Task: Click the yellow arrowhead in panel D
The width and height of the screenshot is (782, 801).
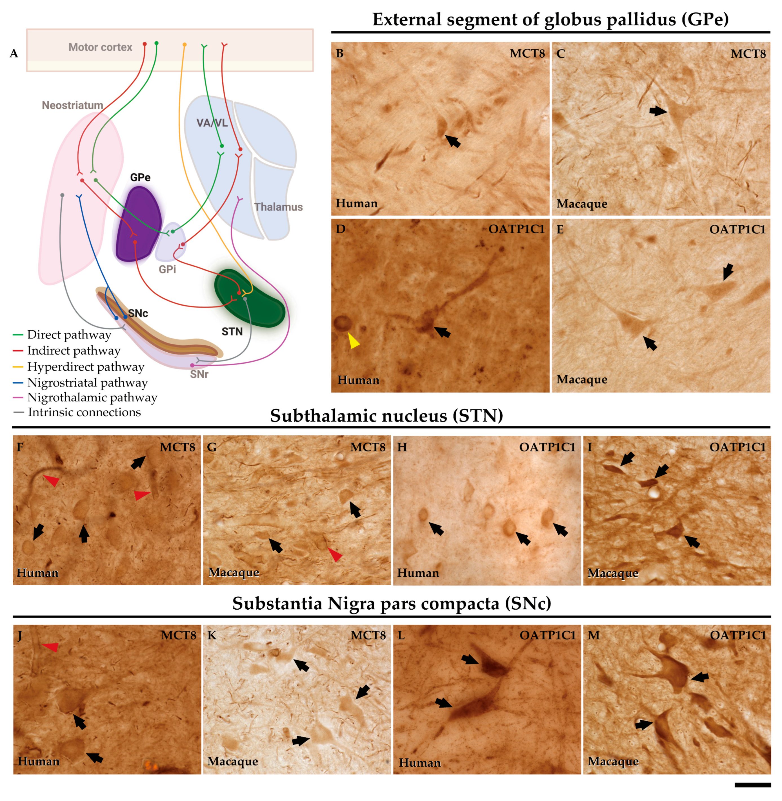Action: tap(353, 341)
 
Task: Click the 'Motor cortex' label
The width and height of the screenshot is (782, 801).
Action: tap(100, 47)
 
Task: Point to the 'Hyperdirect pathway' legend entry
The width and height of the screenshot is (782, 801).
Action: tap(85, 367)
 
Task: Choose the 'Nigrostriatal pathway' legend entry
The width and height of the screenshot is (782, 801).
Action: tap(87, 383)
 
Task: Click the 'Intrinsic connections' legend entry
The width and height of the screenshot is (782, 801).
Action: tap(84, 412)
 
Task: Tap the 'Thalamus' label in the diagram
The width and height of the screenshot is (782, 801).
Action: tap(278, 207)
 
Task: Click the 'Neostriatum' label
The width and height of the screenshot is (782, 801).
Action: tap(73, 106)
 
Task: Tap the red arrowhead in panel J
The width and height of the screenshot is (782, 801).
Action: tap(51, 647)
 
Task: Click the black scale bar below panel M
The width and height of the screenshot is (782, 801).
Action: tap(752, 785)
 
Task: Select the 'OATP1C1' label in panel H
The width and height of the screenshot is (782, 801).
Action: tap(547, 447)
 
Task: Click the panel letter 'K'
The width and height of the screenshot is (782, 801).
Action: tap(212, 636)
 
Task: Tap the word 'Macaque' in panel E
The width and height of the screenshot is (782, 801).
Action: tap(582, 379)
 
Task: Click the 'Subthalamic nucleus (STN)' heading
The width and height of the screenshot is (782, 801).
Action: tap(386, 416)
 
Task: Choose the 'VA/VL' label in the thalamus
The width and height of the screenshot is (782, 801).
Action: tap(212, 123)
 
